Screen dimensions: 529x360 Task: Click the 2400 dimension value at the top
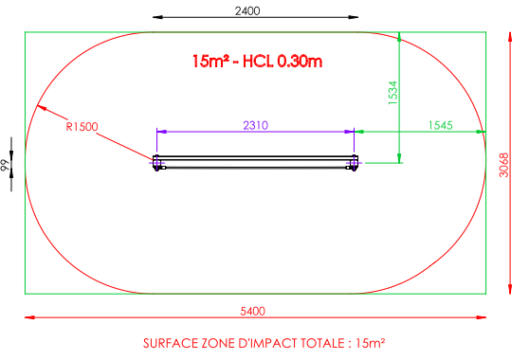(x=247, y=11)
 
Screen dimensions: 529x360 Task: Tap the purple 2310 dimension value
(x=255, y=125)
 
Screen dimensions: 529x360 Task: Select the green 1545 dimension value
(x=440, y=125)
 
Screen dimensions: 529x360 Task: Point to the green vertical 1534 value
(x=393, y=93)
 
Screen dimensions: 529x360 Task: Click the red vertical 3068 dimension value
(x=503, y=165)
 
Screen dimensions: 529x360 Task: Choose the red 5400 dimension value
(x=253, y=311)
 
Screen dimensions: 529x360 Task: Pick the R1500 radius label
(x=82, y=127)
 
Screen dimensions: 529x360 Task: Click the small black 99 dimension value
(x=5, y=165)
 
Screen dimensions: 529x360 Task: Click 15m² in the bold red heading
(x=210, y=62)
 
